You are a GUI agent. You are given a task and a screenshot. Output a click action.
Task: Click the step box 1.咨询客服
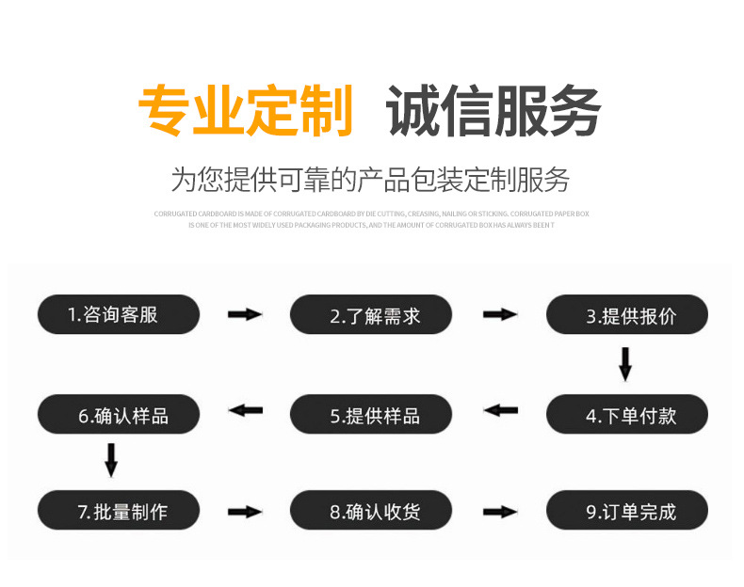pos(119,314)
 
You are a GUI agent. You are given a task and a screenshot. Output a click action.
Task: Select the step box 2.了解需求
pos(370,315)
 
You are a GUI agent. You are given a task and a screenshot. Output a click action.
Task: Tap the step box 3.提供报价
pos(626,315)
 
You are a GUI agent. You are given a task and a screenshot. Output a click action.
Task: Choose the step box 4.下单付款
pos(626,414)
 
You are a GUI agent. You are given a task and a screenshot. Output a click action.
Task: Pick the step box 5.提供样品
pos(370,414)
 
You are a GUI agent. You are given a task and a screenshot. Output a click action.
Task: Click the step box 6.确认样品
pos(119,414)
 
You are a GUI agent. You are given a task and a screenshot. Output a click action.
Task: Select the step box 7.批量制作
pos(119,511)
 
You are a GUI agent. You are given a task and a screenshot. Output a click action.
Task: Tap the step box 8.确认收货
pos(370,511)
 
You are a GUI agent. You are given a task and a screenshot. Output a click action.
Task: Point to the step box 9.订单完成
pos(626,511)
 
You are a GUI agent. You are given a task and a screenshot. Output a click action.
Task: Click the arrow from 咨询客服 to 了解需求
pos(245,314)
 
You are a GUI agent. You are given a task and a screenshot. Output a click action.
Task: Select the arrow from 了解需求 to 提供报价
pos(500,314)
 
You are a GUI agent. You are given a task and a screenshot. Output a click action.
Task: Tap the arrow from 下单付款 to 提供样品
pos(500,410)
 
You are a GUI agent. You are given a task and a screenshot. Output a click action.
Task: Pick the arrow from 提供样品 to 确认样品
pos(246,410)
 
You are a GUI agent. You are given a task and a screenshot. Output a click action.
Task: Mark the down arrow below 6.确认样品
pos(111,460)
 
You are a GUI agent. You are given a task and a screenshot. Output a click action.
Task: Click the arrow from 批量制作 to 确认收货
pos(245,512)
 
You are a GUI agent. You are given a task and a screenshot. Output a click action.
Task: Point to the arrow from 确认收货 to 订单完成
pos(500,512)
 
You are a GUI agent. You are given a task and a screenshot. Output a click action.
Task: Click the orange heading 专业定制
pos(246,111)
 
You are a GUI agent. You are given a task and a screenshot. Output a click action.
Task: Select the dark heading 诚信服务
pos(493,111)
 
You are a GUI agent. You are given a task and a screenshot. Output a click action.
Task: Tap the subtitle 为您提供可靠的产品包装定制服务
pos(370,178)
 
